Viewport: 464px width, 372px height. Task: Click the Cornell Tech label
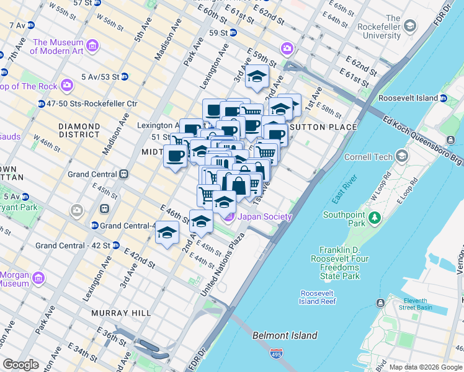[368, 157]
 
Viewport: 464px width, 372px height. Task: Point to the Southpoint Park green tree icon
[374, 218]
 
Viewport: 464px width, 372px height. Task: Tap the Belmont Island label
[285, 335]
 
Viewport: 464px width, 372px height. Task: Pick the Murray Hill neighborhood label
[121, 313]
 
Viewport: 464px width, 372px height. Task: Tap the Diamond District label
[79, 130]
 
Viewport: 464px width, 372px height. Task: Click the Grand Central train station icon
[123, 174]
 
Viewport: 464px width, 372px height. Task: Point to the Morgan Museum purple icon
[38, 277]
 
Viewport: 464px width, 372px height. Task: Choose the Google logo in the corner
[21, 365]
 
